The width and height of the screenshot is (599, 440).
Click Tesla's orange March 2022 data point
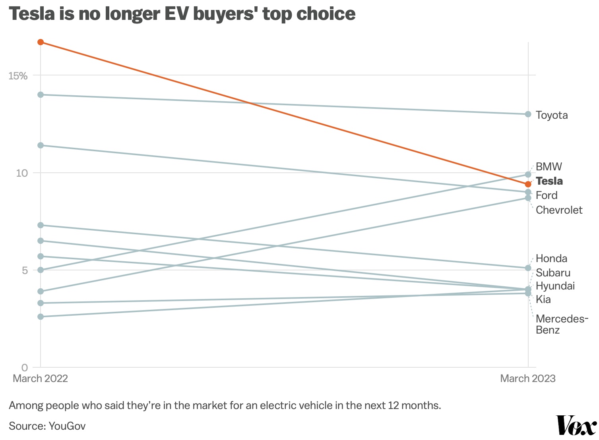tap(41, 42)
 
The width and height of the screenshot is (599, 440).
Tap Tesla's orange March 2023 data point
tap(528, 184)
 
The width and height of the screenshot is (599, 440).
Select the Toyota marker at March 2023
tap(528, 114)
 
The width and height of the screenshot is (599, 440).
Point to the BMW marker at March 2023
tap(528, 174)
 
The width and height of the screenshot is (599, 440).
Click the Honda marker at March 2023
tap(528, 268)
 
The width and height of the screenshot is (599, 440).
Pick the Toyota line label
tap(551, 115)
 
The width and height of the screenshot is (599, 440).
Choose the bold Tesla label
tap(549, 181)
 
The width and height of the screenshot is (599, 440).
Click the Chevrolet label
tap(559, 210)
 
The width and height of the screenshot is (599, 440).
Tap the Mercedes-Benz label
tap(561, 324)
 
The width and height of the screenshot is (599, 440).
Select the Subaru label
tap(553, 273)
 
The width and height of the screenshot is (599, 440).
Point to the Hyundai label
tap(555, 286)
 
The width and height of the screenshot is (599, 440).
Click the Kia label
tap(543, 299)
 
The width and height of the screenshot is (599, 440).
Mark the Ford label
tap(547, 195)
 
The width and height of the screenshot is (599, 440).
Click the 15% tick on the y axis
tap(18, 75)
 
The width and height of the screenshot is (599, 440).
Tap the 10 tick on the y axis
tap(21, 173)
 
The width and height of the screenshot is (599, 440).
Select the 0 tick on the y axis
tap(25, 367)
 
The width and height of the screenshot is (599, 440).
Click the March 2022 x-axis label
tap(40, 378)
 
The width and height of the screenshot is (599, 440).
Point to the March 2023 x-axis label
tap(527, 378)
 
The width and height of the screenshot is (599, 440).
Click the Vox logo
tap(576, 426)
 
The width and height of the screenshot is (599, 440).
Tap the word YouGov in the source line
tap(67, 426)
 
